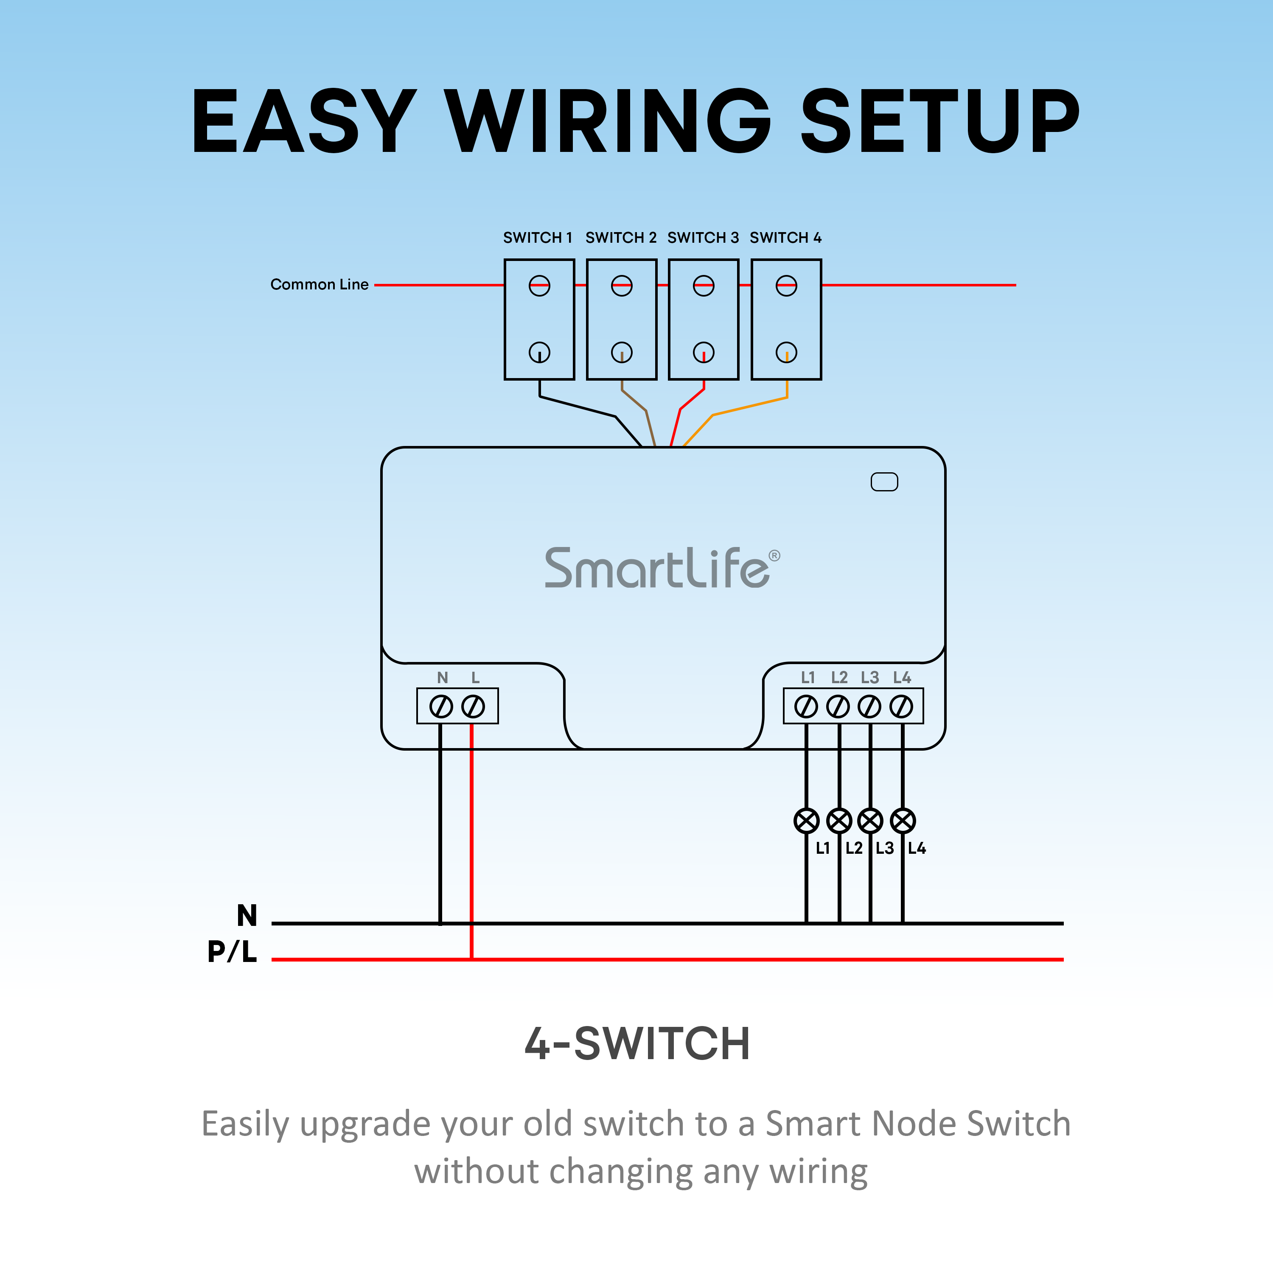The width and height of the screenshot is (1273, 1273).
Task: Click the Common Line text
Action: (319, 285)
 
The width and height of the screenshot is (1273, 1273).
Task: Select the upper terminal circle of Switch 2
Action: (621, 286)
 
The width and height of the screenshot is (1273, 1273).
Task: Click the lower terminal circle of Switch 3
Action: (704, 353)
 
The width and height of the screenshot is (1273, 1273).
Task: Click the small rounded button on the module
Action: (884, 482)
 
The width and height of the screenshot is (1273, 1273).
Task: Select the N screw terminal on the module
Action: (441, 707)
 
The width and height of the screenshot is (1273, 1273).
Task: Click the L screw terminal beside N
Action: (473, 707)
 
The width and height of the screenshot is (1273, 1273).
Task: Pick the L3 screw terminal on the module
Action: (870, 707)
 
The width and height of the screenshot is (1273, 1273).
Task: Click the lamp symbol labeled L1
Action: (807, 821)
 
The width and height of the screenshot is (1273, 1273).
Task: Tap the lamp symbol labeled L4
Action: (903, 821)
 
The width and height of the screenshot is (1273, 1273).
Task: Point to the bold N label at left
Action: (247, 916)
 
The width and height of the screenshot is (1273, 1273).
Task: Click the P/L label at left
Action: (232, 951)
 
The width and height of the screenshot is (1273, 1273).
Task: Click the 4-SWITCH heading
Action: (637, 1044)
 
